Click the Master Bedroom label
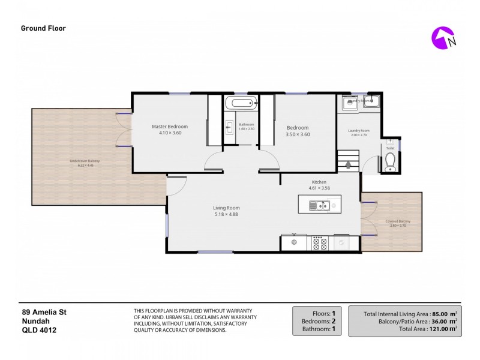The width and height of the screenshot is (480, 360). click(x=169, y=127)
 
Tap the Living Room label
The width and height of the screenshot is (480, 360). click(x=226, y=208)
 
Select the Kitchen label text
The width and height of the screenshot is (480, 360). click(x=318, y=182)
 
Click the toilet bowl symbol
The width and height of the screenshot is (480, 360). click(x=390, y=161)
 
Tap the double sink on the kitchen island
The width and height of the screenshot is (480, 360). click(x=318, y=206)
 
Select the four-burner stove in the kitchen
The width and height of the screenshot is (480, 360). click(x=319, y=242)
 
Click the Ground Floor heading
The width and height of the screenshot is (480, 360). click(x=43, y=28)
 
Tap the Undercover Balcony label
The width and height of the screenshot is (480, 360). click(x=85, y=161)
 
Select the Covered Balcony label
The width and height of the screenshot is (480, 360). click(x=398, y=222)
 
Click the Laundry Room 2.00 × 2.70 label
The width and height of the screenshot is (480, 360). click(x=359, y=133)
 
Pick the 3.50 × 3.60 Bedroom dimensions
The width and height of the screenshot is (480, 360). click(x=298, y=134)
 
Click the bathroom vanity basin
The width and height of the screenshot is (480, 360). click(x=229, y=127)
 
